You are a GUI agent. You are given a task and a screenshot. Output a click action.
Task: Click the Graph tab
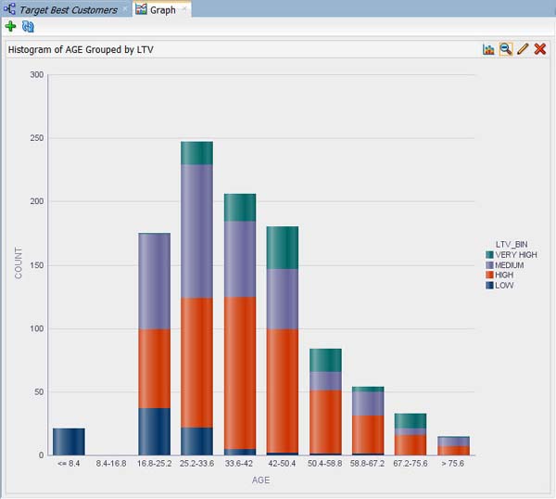click(x=161, y=10)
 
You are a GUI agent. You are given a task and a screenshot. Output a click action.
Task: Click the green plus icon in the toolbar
click(x=11, y=27)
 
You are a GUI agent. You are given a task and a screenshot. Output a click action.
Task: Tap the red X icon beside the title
click(x=540, y=49)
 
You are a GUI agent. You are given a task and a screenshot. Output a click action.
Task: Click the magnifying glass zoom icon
click(x=506, y=49)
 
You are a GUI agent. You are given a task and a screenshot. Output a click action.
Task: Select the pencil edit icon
click(x=523, y=49)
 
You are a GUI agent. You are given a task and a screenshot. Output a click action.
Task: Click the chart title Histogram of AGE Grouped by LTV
click(x=81, y=49)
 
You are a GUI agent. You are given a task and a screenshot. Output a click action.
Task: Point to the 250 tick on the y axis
click(x=37, y=138)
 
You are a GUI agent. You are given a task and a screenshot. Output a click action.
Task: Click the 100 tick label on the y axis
click(x=37, y=328)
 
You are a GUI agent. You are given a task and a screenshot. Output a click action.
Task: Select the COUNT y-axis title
click(x=19, y=263)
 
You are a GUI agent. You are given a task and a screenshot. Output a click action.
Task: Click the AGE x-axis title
click(x=261, y=480)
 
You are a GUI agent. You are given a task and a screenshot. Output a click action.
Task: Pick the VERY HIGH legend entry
click(x=517, y=255)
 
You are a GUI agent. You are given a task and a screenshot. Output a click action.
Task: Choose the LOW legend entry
click(x=505, y=286)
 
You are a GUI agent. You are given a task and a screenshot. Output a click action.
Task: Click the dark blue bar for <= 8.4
click(x=69, y=441)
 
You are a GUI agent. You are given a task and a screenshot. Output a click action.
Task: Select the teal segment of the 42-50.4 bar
click(x=283, y=248)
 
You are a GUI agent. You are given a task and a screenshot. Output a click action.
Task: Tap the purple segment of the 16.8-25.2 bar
click(x=154, y=281)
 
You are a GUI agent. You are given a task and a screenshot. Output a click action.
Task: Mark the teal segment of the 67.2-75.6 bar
click(x=411, y=420)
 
